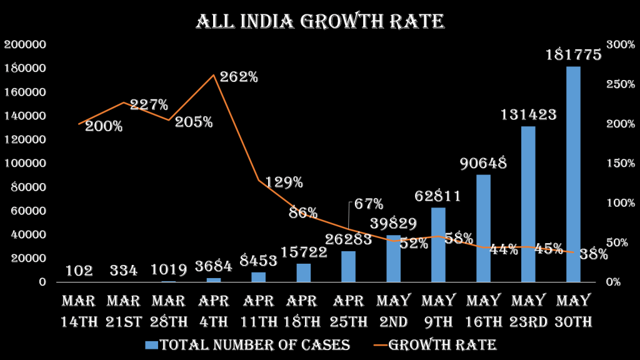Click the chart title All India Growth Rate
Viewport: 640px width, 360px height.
pyautogui.click(x=320, y=22)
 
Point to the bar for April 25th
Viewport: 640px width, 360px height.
pyautogui.click(x=348, y=266)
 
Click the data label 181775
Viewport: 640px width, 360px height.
pyautogui.click(x=573, y=55)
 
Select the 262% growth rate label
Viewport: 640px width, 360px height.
pyautogui.click(x=239, y=77)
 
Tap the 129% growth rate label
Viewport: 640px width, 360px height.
pyautogui.click(x=284, y=182)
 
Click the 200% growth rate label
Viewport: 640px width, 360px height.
pyautogui.click(x=104, y=126)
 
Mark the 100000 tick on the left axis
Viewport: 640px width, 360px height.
pyautogui.click(x=25, y=163)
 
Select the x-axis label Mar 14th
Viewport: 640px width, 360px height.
pyautogui.click(x=78, y=311)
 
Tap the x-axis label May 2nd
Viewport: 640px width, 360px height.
pyautogui.click(x=393, y=311)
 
